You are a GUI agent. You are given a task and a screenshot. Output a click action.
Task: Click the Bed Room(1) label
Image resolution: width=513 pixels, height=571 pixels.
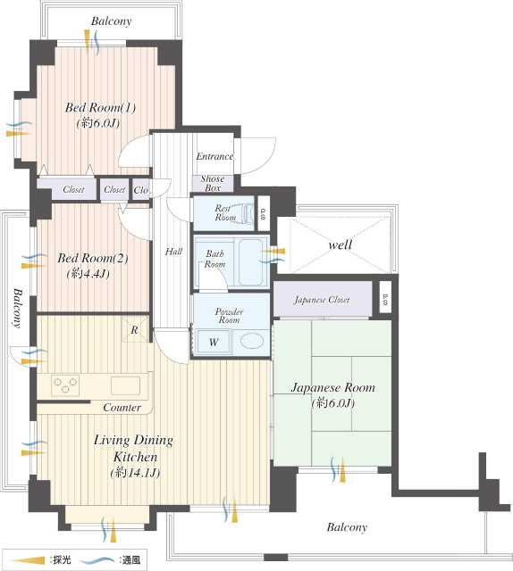point(100,108)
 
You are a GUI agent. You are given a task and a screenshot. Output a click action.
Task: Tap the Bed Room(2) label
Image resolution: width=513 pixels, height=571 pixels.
point(93,258)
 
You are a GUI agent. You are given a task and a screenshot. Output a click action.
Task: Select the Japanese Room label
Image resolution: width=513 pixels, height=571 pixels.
point(332,388)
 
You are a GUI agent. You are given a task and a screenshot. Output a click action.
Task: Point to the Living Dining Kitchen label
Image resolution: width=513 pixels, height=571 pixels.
point(134,448)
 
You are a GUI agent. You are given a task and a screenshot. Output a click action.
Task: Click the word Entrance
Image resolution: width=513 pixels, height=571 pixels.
point(214,157)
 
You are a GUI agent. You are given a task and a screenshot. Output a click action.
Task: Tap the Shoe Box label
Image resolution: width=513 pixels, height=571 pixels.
point(213,183)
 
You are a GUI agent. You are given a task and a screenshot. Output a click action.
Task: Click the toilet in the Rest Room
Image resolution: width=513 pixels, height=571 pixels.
point(247,212)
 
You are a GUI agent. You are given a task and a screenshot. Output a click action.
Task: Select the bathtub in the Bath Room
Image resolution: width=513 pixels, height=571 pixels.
point(251,261)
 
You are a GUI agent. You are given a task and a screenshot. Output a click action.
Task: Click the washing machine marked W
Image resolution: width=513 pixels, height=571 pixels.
point(214,342)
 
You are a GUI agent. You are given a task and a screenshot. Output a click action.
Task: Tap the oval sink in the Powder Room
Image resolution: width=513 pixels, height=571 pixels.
point(252,341)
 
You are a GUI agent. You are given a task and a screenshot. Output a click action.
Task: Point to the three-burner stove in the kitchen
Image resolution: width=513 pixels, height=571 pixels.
point(65,385)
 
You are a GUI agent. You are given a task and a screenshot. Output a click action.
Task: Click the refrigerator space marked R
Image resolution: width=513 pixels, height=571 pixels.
point(134,329)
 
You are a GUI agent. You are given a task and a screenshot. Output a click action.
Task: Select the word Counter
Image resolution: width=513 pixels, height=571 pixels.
point(122,408)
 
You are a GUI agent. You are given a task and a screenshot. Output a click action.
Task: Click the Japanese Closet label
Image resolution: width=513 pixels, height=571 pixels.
point(322,300)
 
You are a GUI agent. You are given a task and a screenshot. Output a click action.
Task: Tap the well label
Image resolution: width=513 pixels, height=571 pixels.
point(340,244)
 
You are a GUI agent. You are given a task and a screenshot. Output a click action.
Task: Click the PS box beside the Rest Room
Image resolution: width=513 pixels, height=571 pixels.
point(264,213)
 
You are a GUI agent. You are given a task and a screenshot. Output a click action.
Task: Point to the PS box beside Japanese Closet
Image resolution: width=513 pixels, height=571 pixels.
point(385,297)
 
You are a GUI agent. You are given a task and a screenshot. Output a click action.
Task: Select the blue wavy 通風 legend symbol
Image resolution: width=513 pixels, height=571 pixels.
point(97,560)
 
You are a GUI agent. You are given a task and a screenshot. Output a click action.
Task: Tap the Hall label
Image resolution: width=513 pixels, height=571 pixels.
point(173,252)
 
